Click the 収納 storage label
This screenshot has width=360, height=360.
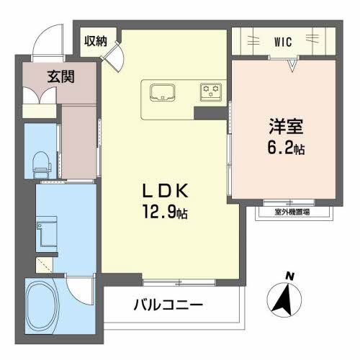[96, 42]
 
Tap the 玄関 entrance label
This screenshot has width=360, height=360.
[60, 76]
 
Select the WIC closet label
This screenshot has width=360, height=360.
[283, 42]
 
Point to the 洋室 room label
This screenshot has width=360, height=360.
[286, 126]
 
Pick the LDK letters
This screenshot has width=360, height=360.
[166, 191]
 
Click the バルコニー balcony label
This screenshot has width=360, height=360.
[168, 305]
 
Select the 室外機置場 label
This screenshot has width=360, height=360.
[292, 212]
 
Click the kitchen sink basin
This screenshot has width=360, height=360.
[163, 92]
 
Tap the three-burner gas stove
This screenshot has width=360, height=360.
[211, 92]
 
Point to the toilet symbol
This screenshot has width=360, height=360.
[42, 165]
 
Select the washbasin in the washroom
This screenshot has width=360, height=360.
[47, 231]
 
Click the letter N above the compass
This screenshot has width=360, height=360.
[290, 276]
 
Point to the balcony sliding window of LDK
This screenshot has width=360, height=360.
[179, 282]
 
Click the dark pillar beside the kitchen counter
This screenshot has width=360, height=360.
[210, 113]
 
